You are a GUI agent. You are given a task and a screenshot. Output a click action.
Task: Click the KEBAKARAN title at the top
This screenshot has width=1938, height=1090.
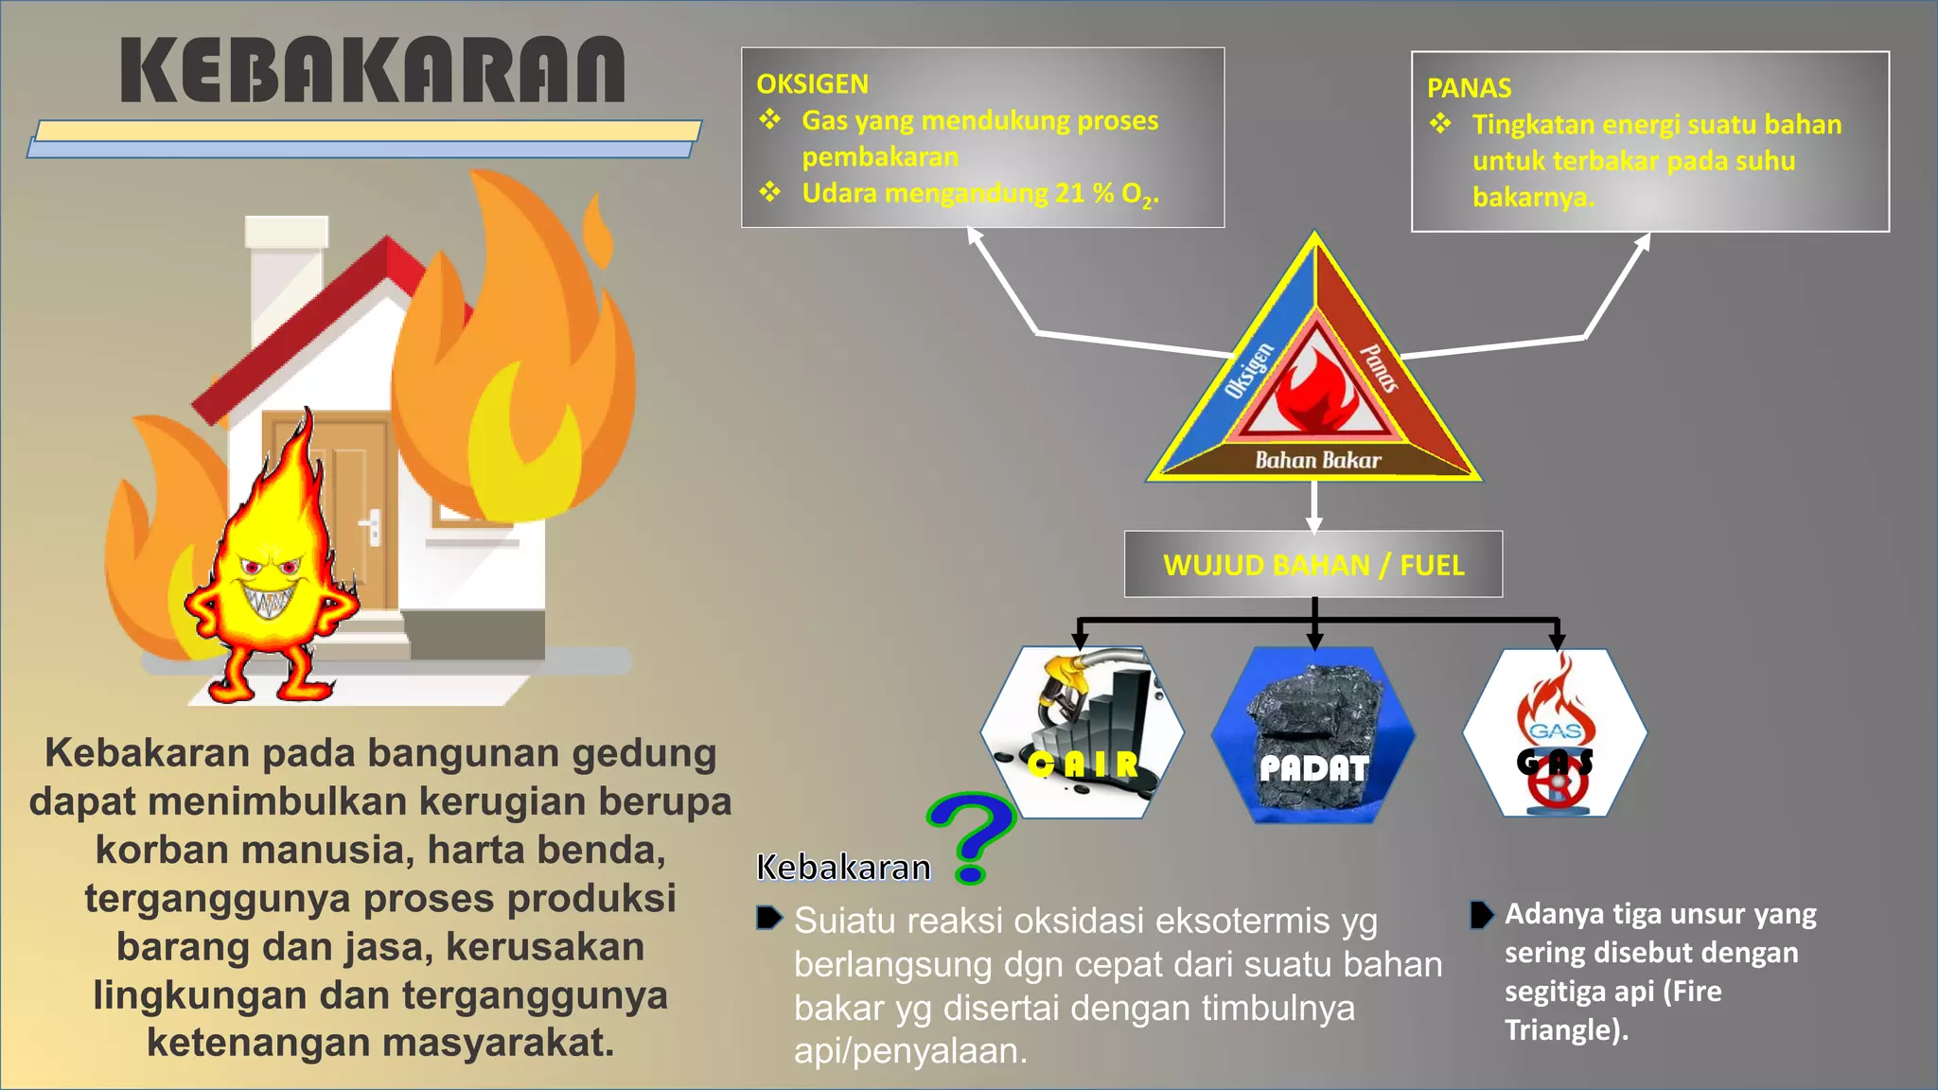[x=373, y=70]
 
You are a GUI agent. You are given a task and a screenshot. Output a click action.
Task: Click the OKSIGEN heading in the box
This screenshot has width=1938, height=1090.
[x=812, y=84]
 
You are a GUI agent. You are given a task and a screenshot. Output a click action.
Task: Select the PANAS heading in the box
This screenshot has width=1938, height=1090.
[x=1469, y=88]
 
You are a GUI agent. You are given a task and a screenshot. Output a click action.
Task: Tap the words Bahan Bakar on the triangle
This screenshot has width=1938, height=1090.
[x=1317, y=461]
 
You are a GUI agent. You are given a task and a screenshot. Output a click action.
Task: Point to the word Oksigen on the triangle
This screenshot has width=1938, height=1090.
[x=1249, y=371]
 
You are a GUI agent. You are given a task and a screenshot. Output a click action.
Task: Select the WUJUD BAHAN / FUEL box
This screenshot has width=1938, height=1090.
[x=1313, y=565]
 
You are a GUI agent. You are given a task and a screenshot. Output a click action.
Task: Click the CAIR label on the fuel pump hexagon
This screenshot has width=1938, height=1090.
[x=1084, y=765]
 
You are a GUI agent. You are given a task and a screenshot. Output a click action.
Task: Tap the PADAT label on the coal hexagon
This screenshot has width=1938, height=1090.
[x=1313, y=768]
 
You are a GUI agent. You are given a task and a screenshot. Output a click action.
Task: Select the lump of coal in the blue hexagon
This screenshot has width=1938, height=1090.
[x=1313, y=710]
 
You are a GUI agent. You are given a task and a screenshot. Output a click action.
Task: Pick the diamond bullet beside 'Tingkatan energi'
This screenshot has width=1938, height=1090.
[x=1440, y=124]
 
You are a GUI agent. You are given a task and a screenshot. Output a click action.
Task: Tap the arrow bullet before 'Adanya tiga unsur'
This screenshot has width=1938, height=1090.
[x=1481, y=915]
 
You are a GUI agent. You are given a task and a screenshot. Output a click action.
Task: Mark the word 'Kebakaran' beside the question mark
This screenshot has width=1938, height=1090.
[x=843, y=868]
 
